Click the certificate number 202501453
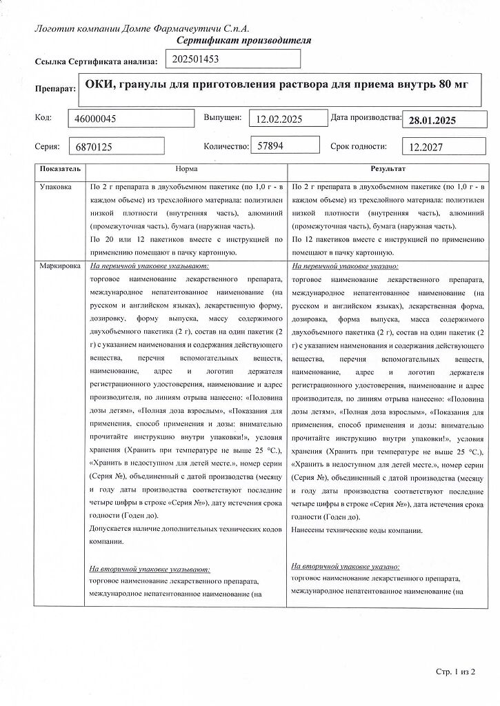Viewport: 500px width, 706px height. [197, 59]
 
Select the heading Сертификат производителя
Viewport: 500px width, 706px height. [244, 41]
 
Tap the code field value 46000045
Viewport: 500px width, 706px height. [97, 119]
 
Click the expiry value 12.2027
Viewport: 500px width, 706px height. [426, 147]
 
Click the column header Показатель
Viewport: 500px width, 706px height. [60, 169]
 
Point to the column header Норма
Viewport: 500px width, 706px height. [186, 169]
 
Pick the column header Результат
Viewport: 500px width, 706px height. [388, 169]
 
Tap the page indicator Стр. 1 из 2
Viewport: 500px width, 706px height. [455, 670]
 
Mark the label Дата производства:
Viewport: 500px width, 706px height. [366, 117]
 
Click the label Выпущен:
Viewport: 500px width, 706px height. [222, 117]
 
